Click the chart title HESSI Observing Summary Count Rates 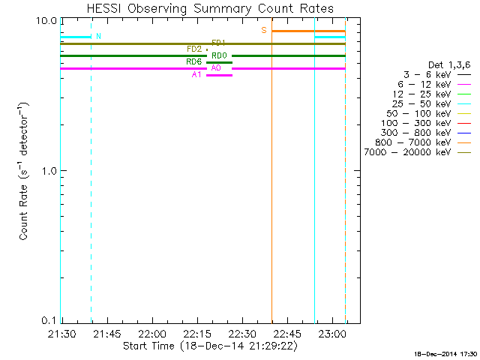pos(210,8)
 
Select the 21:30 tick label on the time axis pos(61,332)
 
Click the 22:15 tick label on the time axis pos(196,332)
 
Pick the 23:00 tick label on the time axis pos(331,332)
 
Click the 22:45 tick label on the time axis pos(286,332)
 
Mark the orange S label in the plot pos(264,30)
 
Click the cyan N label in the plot pos(98,36)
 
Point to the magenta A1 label pos(196,75)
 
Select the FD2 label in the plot pos(194,49)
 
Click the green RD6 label pos(193,61)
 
